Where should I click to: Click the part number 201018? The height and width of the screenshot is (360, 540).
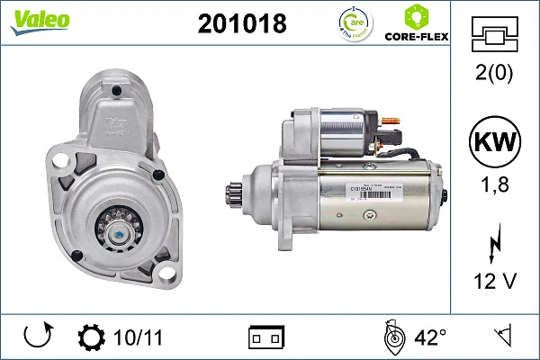pos(241,24)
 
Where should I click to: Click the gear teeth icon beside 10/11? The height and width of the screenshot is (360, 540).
pos(92,338)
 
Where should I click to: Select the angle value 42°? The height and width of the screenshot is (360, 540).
pos(429,338)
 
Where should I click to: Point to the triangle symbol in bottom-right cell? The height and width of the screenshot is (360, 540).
pos(503,338)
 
